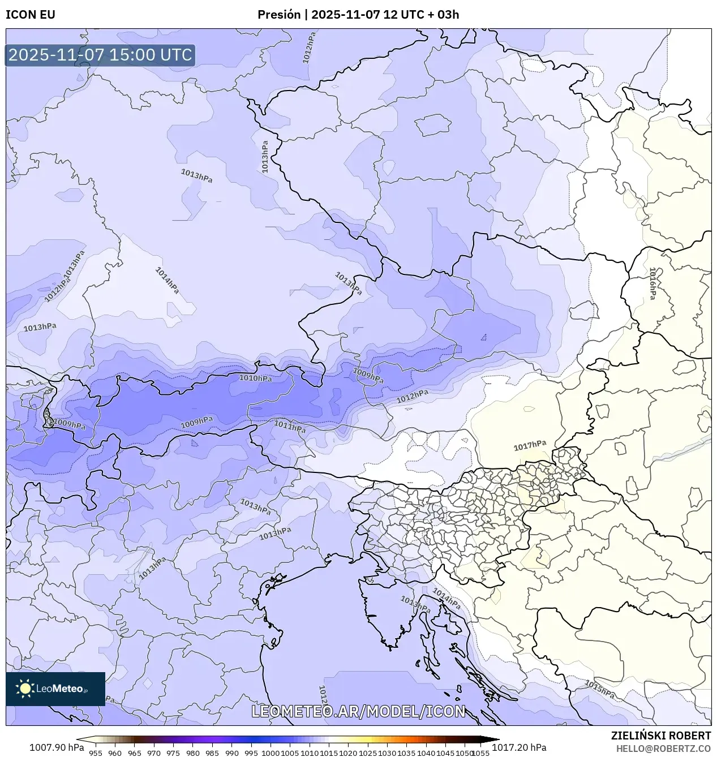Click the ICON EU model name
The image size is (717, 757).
click(x=31, y=15)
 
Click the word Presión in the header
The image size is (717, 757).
click(x=279, y=15)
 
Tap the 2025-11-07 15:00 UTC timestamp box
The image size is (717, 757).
click(x=100, y=55)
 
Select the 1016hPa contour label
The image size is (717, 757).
click(x=652, y=283)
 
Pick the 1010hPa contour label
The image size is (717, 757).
click(x=255, y=378)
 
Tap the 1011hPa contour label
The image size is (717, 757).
click(x=290, y=426)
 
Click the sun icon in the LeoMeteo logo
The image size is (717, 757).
click(x=25, y=689)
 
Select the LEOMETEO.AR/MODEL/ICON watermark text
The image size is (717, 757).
click(x=358, y=711)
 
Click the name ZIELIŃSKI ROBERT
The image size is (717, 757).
click(x=660, y=736)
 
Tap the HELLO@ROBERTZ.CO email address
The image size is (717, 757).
click(x=663, y=748)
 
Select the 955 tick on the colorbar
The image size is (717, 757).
click(x=95, y=752)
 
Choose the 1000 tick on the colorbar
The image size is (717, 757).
click(x=271, y=752)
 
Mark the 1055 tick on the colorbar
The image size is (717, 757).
click(x=480, y=752)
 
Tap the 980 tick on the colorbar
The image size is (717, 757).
click(x=192, y=752)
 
